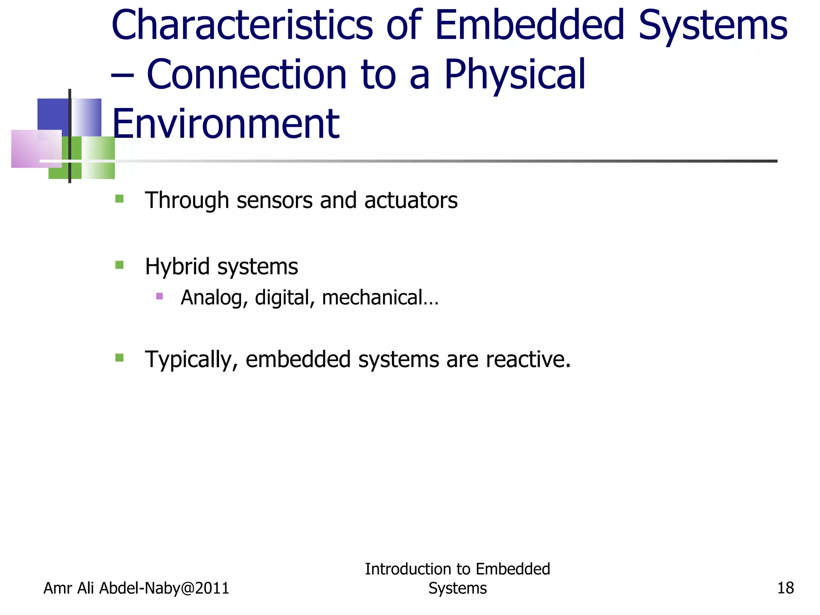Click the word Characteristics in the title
pos(242,26)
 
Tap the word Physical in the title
pos(515,75)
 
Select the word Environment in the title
pos(226,124)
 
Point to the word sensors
pos(275,200)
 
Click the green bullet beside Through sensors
pos(119,199)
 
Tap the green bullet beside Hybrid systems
pos(119,265)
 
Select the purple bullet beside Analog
pos(159,296)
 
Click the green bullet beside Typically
pos(119,358)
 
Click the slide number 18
pos(785,588)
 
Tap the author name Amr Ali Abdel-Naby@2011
pos(136,588)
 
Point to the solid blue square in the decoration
pos(53,114)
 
